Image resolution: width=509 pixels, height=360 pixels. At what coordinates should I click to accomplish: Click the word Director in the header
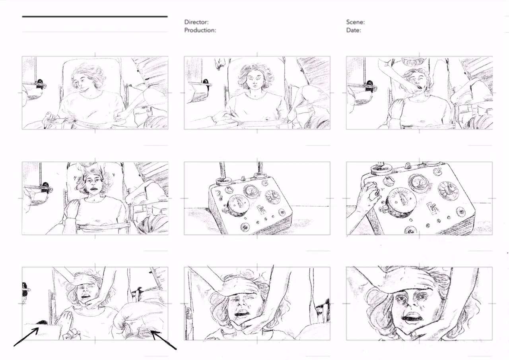(196, 22)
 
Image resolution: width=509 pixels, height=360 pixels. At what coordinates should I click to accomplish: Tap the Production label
(200, 30)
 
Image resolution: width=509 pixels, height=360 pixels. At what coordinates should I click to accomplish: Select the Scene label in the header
(356, 22)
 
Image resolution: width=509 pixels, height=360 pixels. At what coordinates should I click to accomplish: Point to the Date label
(354, 30)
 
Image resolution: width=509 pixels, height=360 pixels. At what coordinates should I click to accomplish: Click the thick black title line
(95, 17)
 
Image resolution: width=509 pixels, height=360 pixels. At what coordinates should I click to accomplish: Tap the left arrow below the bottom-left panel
(26, 337)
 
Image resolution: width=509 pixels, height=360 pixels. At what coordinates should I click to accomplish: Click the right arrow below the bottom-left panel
(163, 340)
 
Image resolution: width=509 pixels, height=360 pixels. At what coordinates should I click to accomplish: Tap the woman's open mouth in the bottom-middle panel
(243, 314)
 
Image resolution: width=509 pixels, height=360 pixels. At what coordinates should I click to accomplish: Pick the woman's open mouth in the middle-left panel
(93, 189)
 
